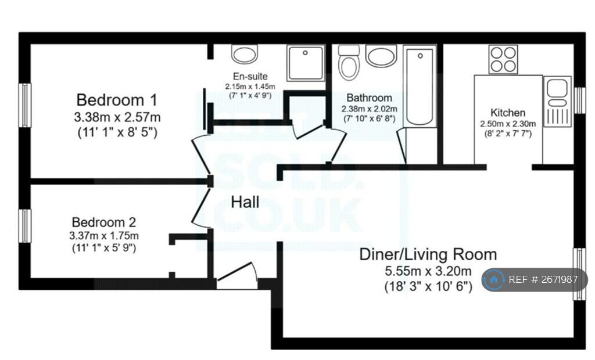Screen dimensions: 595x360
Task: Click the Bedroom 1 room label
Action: pos(116,100)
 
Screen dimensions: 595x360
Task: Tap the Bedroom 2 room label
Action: pos(103,222)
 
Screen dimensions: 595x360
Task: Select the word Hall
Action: pos(245,202)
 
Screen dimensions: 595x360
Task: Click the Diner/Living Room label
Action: pos(428,254)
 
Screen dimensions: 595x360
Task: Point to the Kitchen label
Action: pos(508,113)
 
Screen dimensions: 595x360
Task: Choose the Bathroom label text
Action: pos(369,98)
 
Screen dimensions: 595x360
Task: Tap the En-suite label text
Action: pos(250,76)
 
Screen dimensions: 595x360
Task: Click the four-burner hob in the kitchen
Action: pos(503,59)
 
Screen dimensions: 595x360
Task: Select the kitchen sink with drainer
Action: pos(557,101)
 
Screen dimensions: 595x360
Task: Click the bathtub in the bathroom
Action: pos(420,86)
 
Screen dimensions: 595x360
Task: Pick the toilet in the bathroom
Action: pos(349,62)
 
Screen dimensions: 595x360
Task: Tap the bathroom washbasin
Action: pos(381,55)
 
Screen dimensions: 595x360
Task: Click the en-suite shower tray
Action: pos(306,63)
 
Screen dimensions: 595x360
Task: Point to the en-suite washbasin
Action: pos(245,54)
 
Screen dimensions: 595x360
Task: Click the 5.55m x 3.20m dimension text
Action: pos(428,271)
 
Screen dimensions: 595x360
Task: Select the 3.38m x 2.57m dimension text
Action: pos(117,117)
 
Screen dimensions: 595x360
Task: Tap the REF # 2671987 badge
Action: pos(535,280)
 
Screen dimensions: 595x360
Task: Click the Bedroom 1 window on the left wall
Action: pos(25,105)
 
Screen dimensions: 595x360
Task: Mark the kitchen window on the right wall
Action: pos(579,100)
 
